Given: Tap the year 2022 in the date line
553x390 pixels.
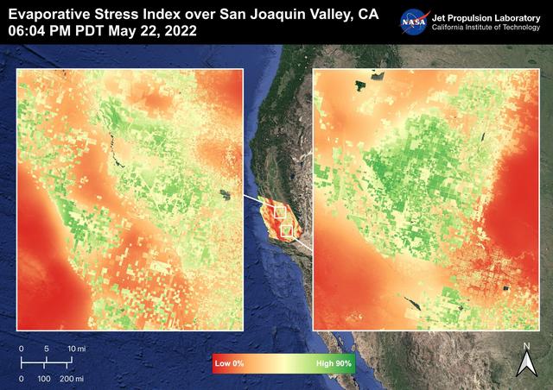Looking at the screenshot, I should tap(178, 31).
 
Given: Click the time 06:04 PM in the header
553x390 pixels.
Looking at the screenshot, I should tap(35, 31).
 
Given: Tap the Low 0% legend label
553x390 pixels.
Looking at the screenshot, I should tap(230, 364).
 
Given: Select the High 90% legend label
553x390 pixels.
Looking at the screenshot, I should tap(333, 364).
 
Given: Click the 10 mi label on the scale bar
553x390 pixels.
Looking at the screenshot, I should tap(76, 348).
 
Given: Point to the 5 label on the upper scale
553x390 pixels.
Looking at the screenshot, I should tap(46, 348).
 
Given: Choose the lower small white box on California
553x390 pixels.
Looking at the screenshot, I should tap(287, 230).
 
